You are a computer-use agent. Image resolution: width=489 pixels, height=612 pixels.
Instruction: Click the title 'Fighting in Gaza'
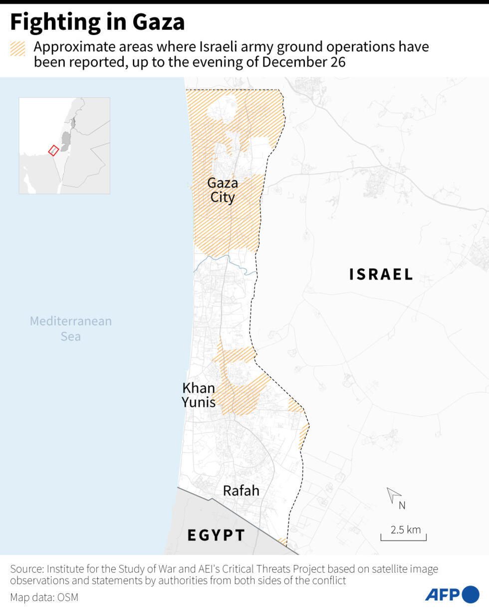(x=97, y=22)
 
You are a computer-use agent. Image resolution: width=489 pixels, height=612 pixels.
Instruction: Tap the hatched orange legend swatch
(x=17, y=48)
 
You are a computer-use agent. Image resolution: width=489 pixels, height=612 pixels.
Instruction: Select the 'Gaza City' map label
(x=223, y=190)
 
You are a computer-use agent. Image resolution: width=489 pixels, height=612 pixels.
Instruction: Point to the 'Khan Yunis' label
(x=199, y=394)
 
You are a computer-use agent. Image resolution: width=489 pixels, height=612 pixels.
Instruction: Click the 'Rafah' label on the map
(x=241, y=491)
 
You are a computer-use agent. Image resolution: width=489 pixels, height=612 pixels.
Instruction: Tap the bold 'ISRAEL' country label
(x=381, y=274)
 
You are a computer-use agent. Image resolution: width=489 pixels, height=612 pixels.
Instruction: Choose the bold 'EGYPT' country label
(x=216, y=535)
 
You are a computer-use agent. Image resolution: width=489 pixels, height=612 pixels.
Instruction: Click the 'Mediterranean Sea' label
(x=70, y=328)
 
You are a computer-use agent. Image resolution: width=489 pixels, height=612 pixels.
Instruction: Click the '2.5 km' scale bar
(x=404, y=534)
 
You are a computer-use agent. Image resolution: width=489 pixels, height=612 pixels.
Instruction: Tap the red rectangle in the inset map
(x=53, y=150)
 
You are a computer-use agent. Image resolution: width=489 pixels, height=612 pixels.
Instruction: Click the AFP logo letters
(x=442, y=595)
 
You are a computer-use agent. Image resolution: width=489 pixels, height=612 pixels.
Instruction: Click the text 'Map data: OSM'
(x=44, y=597)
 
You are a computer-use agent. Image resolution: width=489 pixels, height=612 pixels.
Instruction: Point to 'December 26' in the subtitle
(x=304, y=62)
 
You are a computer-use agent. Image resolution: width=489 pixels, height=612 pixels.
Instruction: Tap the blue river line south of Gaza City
(x=227, y=260)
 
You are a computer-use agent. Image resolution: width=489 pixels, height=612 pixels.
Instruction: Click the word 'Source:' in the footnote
(x=26, y=569)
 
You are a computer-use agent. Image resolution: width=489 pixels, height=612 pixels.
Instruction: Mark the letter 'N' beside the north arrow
(x=402, y=505)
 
